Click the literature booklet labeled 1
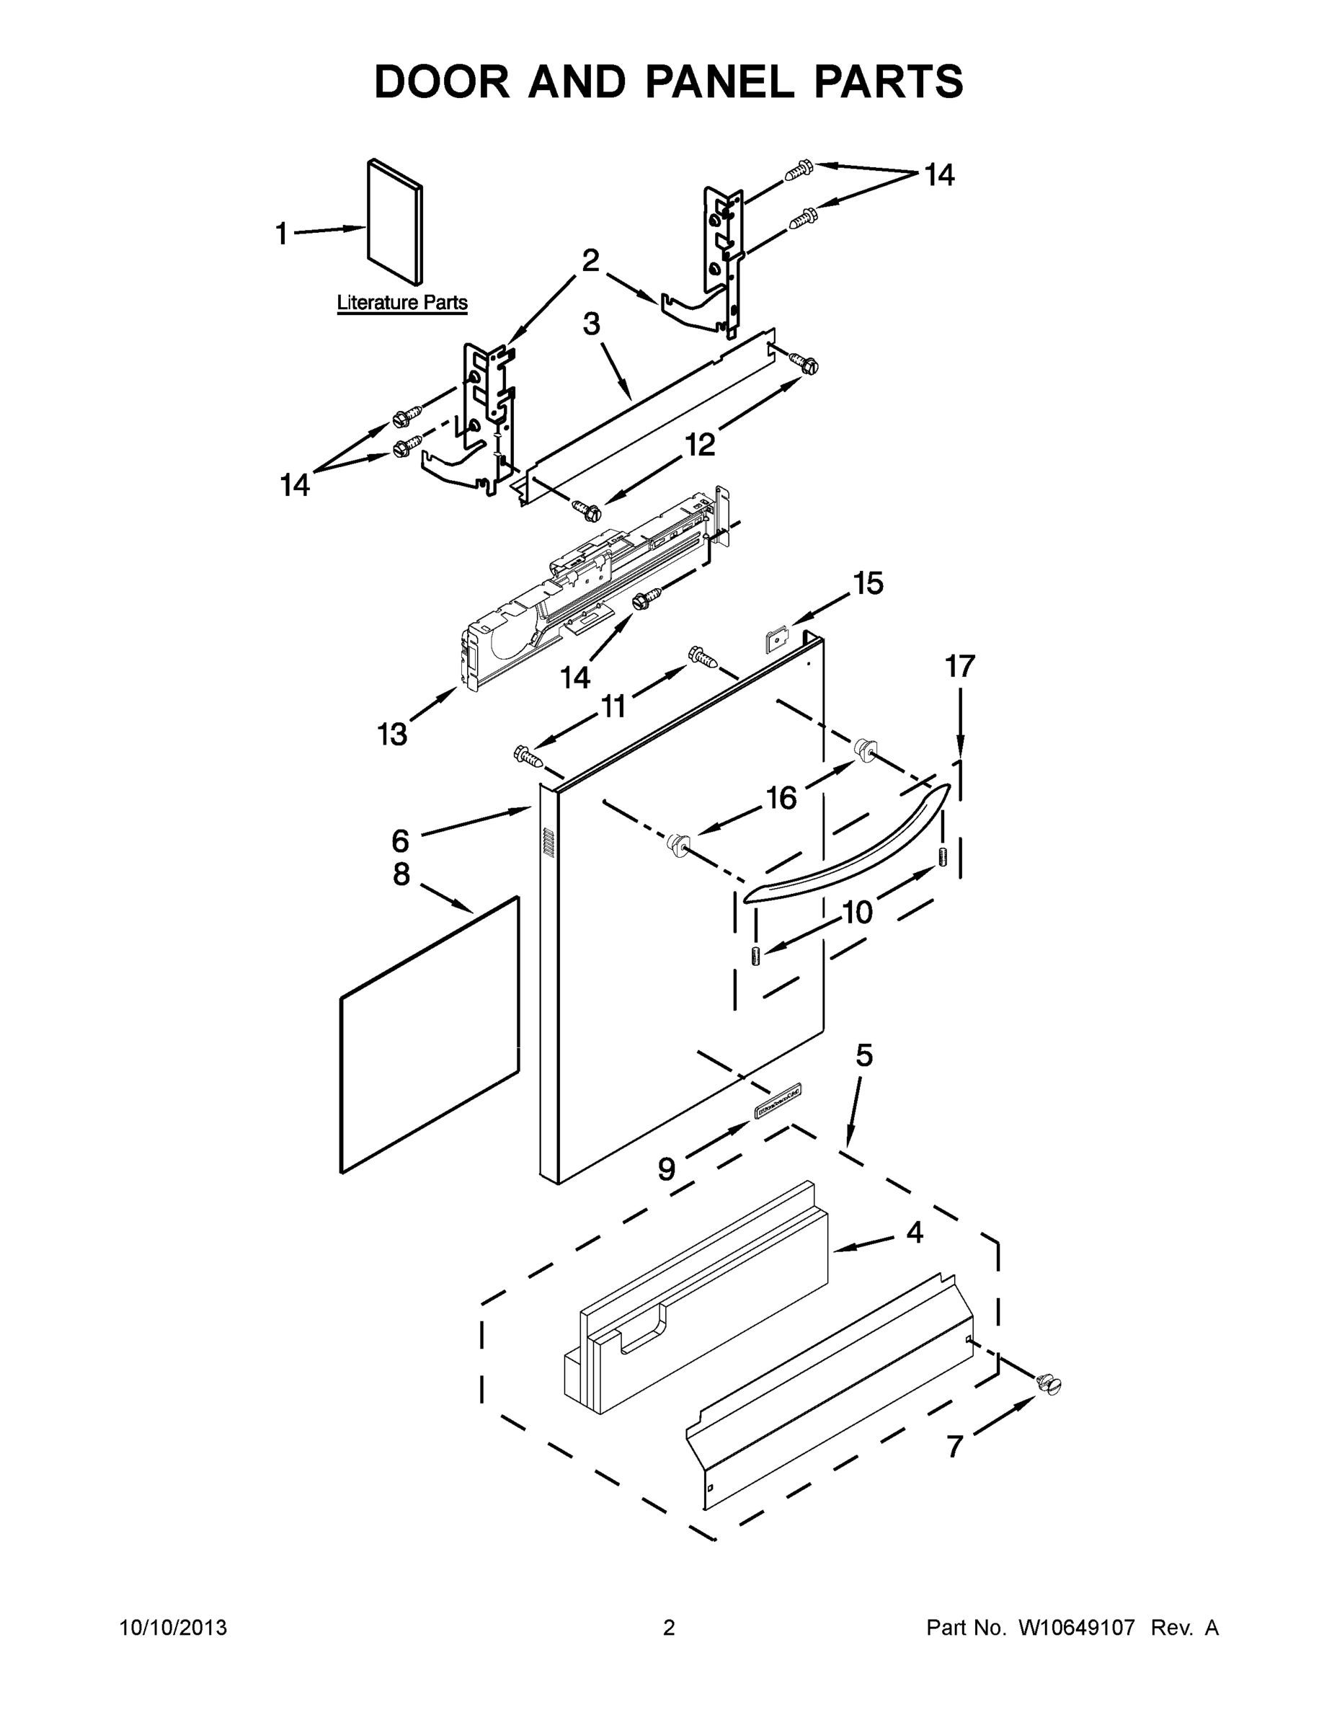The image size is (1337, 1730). tap(394, 222)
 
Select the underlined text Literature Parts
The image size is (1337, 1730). tap(402, 303)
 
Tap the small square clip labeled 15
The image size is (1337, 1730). tap(777, 638)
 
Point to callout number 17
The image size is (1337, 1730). tap(959, 667)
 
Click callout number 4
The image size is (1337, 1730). tap(915, 1233)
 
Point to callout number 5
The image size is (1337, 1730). tap(864, 1055)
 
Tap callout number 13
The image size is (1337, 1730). tap(392, 735)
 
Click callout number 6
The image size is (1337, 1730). tap(401, 840)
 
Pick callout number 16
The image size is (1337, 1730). tap(782, 798)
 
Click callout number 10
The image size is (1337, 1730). tap(857, 913)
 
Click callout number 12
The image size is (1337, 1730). tap(700, 445)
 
